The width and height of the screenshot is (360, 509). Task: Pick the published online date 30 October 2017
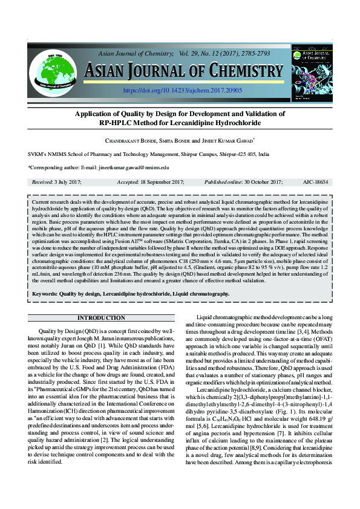[x=261, y=181]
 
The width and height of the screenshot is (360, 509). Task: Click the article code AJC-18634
[x=316, y=181]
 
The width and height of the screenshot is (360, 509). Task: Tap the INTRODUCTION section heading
[x=102, y=318]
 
